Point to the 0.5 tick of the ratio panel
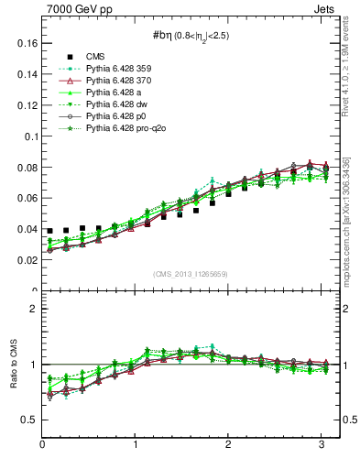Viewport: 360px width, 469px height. [x=28, y=420]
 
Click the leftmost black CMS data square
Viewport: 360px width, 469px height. [x=49, y=231]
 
